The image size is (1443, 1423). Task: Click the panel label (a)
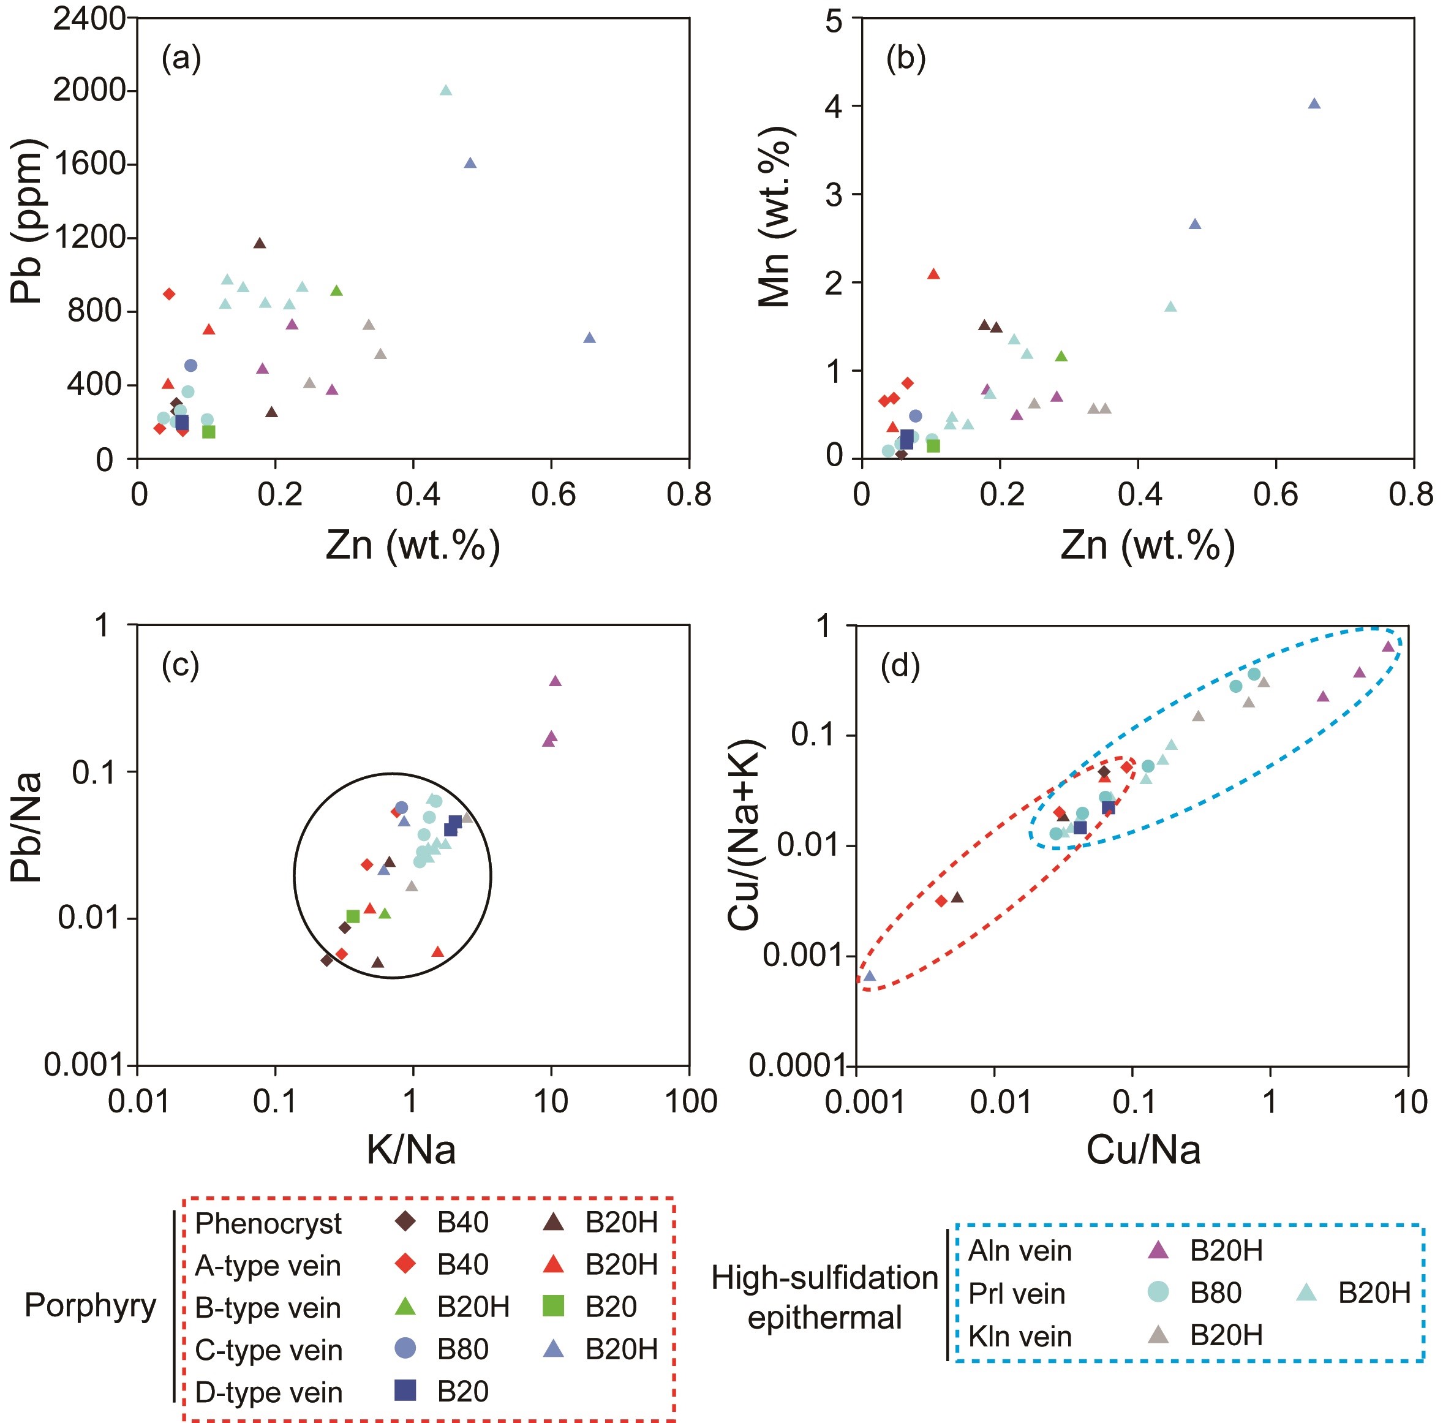coord(181,58)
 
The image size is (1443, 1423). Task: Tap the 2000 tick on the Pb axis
coord(89,91)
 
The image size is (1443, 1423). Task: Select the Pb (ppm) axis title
coord(27,222)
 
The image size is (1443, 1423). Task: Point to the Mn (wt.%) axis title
coord(775,217)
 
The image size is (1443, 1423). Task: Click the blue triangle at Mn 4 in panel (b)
coord(1314,104)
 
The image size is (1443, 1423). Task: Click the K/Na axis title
coord(411,1150)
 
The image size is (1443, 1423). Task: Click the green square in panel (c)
coord(353,916)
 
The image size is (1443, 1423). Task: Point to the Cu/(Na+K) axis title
coord(745,835)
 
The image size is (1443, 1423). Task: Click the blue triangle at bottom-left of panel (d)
coord(869,976)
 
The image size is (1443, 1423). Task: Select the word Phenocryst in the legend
coord(268,1223)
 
